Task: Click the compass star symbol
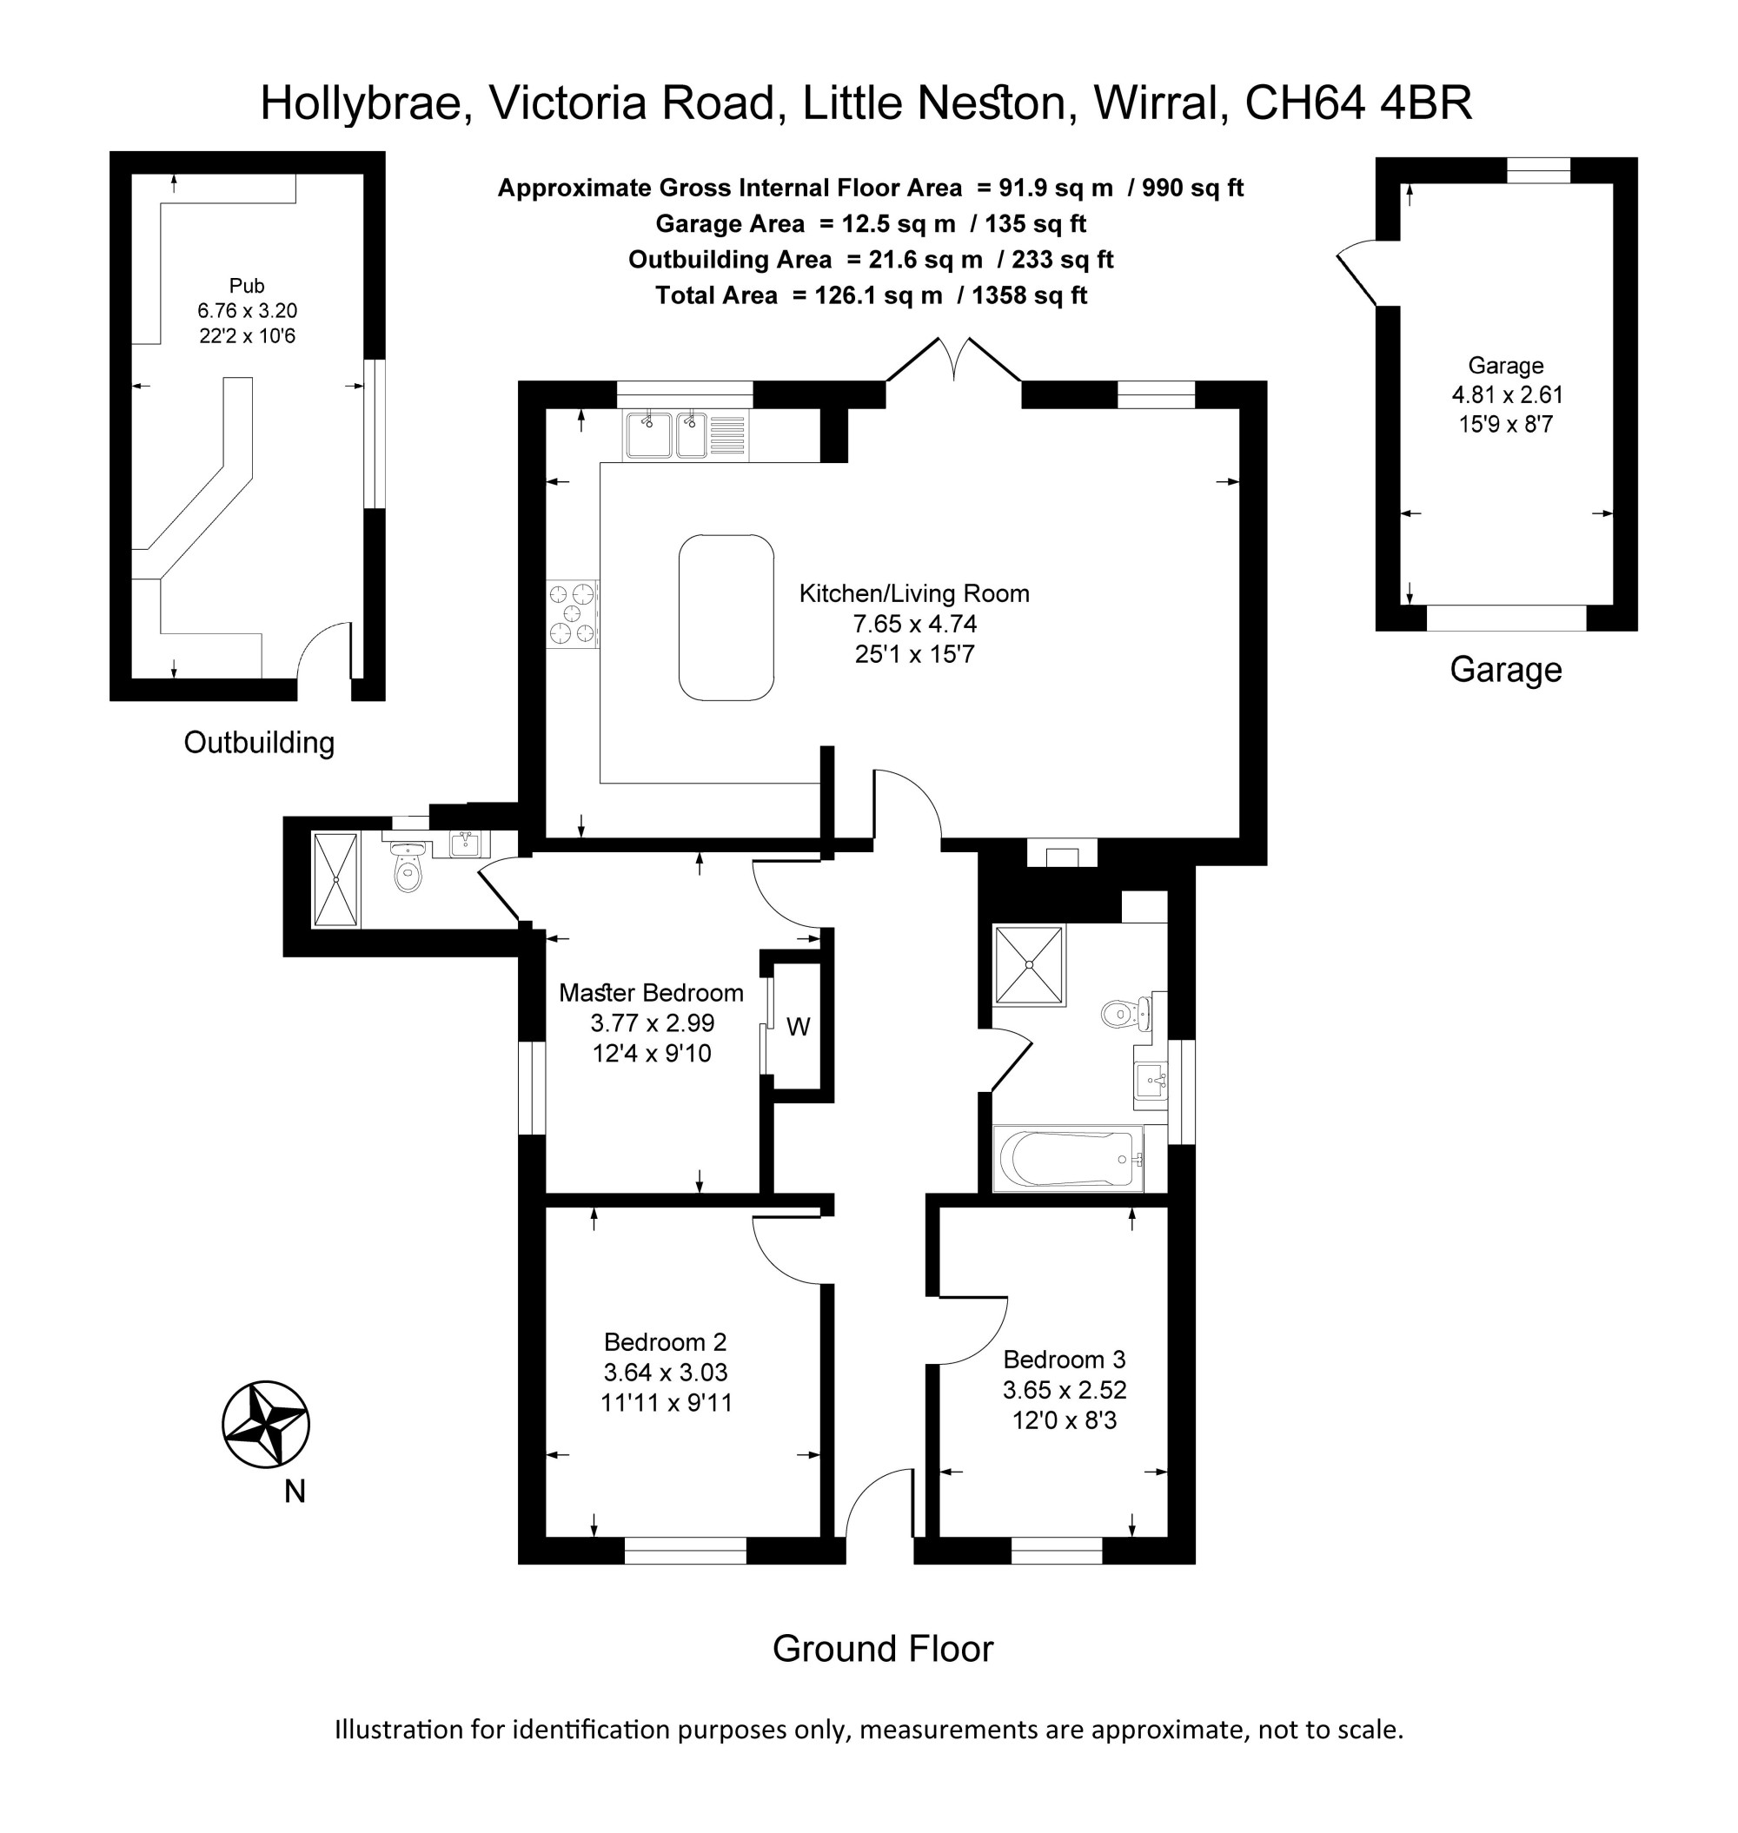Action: click(266, 1426)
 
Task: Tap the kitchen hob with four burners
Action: click(573, 613)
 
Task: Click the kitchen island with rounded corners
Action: click(726, 618)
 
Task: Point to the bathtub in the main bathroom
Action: click(1068, 1159)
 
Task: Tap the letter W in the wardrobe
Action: click(799, 1026)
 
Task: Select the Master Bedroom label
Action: click(651, 993)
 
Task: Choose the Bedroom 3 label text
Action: click(1065, 1360)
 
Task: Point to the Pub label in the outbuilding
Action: click(248, 285)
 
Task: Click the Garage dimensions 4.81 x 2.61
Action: click(1508, 394)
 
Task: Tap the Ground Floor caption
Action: click(883, 1649)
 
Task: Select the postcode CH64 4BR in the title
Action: click(1358, 103)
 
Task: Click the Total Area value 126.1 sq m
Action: click(879, 295)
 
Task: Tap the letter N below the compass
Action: click(295, 1492)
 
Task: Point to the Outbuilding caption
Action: click(260, 742)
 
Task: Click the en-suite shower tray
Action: click(335, 879)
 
